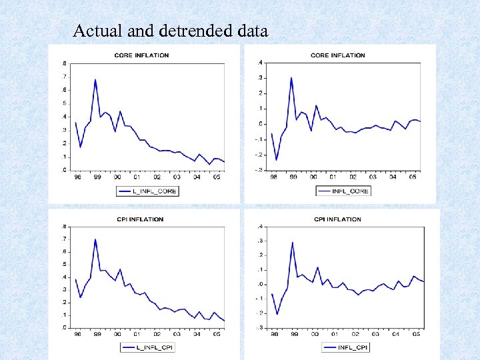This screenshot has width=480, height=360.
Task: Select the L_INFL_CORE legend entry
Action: tap(147, 191)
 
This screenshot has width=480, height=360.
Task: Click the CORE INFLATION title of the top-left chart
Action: tap(142, 55)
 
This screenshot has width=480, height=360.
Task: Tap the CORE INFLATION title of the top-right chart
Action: tap(338, 55)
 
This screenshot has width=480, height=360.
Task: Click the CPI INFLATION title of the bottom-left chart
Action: tap(140, 219)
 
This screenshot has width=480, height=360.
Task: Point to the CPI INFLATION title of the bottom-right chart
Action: tap(337, 219)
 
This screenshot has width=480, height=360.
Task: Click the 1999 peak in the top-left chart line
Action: tap(95, 79)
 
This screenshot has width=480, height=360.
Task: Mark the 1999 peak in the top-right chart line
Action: tap(291, 77)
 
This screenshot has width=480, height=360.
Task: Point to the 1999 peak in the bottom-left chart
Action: tap(95, 239)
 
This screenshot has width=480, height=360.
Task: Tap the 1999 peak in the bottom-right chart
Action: tap(292, 242)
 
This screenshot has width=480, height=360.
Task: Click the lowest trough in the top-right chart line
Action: tap(277, 160)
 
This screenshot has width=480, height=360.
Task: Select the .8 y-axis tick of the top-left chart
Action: tap(64, 63)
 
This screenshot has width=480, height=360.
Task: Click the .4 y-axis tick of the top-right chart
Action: tap(260, 63)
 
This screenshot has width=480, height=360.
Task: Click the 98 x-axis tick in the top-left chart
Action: tap(77, 177)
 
